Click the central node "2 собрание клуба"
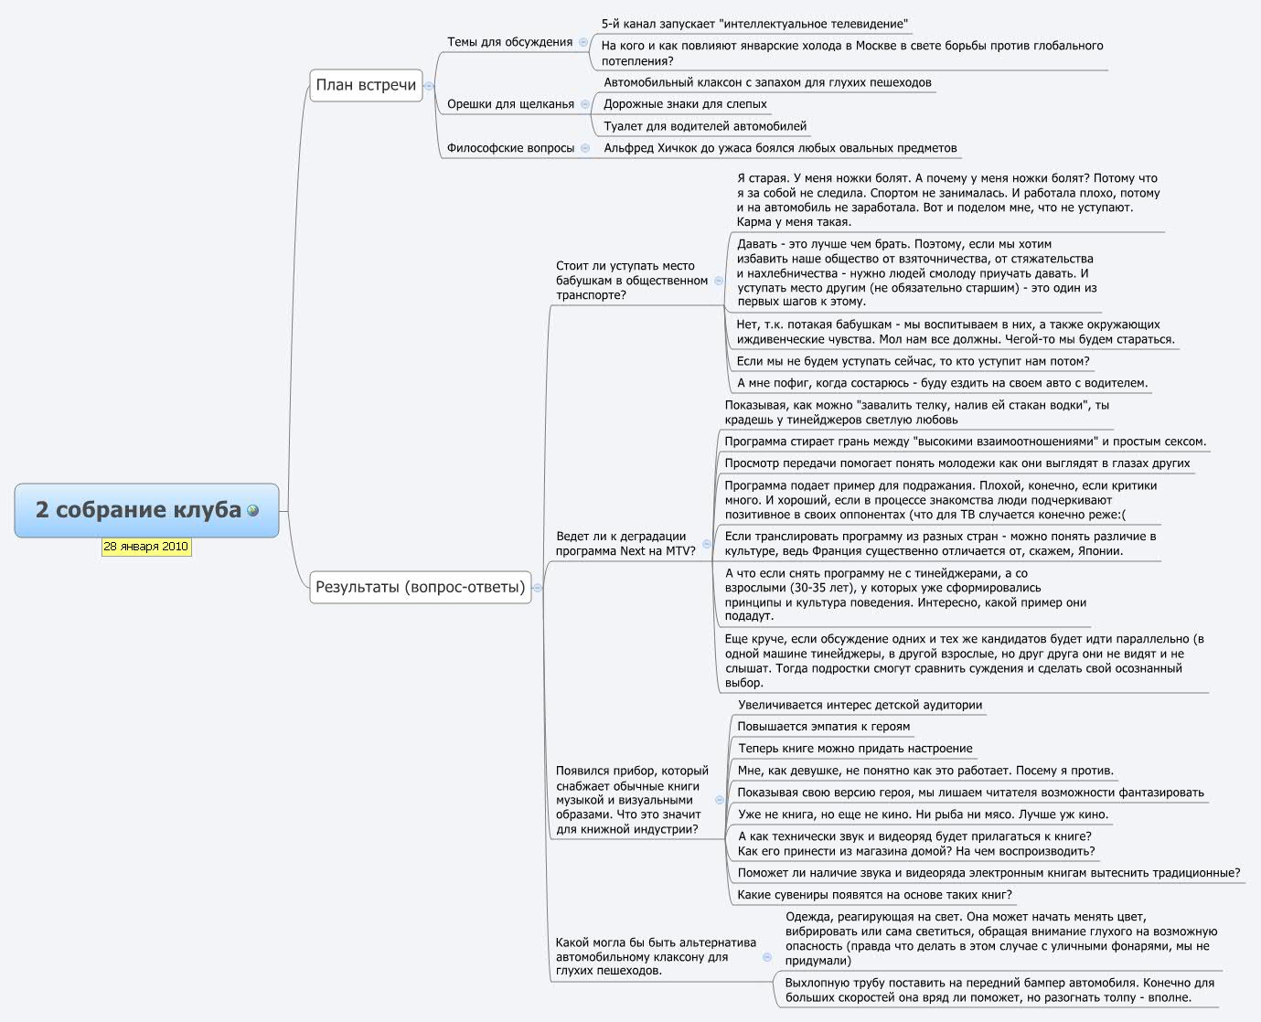coord(137,510)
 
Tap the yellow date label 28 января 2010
coord(146,547)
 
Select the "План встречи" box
coord(366,85)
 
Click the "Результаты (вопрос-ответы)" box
coord(420,587)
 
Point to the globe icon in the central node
coord(253,510)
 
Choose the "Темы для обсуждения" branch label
coord(509,42)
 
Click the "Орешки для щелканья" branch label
coord(510,104)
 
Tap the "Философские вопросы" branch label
coord(510,148)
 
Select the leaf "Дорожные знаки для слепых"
coord(685,104)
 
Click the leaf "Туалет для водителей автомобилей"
coord(705,126)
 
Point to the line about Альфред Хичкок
coord(780,148)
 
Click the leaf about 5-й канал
coord(754,24)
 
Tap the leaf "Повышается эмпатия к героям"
coord(823,727)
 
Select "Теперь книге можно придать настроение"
coord(855,749)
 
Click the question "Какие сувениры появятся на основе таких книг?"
coord(874,895)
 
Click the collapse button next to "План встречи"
coord(429,86)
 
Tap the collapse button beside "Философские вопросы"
coord(585,148)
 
